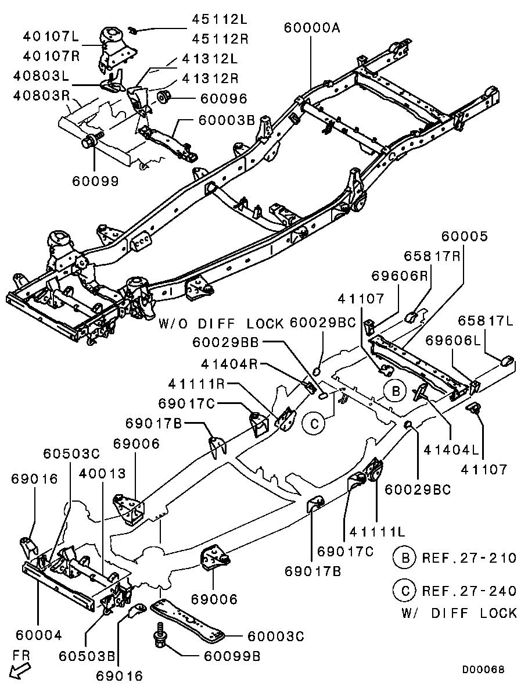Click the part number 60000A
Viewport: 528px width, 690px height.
pos(312,28)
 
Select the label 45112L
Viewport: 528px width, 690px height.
pos(220,19)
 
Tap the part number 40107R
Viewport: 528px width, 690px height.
pos(51,56)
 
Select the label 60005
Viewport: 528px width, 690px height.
pos(465,237)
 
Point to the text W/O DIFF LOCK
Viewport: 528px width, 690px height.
pos(221,324)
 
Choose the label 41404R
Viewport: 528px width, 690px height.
pos(231,364)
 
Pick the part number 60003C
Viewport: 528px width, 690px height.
pos(276,637)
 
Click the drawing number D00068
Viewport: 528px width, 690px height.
pos(483,670)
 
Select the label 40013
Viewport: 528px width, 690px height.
pos(103,473)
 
